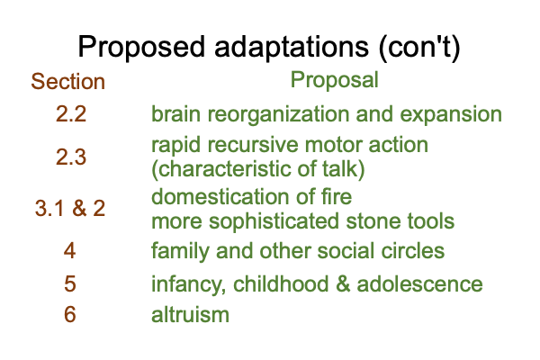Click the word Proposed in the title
(141, 47)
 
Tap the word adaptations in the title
(292, 46)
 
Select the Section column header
(67, 82)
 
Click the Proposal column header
(335, 80)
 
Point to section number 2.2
(70, 114)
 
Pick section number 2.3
(70, 157)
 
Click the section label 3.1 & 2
(70, 209)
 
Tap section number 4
(69, 250)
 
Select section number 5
(69, 283)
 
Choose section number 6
(69, 314)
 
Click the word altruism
(190, 314)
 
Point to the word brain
(175, 114)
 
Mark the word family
(180, 252)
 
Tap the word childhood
(281, 283)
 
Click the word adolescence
(419, 283)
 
